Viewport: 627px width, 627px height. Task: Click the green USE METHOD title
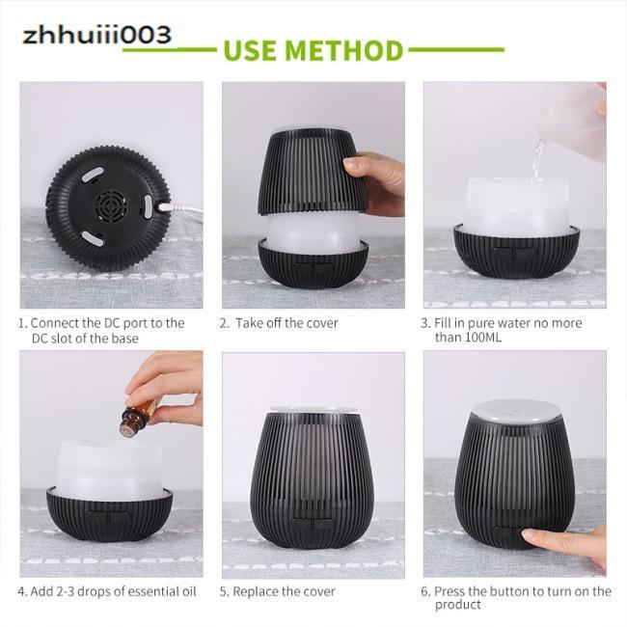[x=313, y=49]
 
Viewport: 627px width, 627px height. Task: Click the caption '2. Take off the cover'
[x=279, y=323]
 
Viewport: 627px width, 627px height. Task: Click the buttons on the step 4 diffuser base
[x=107, y=516]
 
